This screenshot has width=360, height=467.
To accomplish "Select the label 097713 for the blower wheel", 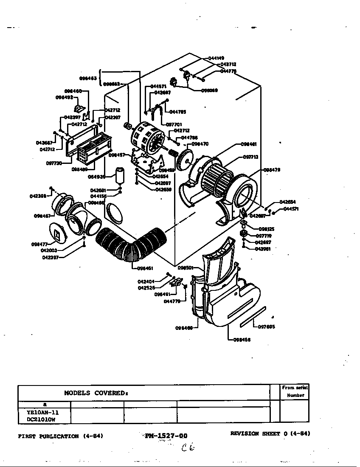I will coord(251,157).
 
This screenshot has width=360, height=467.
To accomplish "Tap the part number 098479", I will coord(272,170).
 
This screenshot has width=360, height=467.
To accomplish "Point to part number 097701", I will coord(174,125).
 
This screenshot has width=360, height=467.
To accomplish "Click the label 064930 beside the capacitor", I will coord(96,177).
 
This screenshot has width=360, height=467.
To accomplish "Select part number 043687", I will coord(44,143).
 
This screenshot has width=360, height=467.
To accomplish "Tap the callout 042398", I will coord(38,196).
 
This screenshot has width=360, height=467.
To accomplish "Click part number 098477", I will coord(39,244).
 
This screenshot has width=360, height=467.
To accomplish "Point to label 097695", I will coord(266,326).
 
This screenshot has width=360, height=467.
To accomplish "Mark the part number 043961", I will coord(263,249).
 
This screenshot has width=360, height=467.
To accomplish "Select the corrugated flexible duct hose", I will coord(127,246).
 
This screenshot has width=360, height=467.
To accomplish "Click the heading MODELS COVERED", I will coord(96,393).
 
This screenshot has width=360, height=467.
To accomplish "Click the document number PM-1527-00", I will coord(166,436).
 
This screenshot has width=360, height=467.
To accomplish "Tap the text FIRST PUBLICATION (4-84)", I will coord(61,436).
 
